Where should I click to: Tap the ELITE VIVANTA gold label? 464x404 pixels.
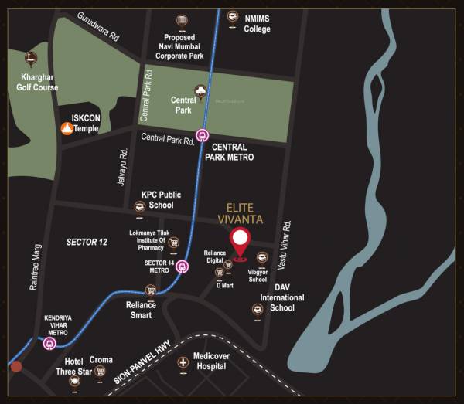245,213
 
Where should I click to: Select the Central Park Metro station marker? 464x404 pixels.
203,135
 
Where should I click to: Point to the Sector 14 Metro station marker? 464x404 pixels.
182,267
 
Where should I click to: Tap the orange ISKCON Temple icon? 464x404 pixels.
66,127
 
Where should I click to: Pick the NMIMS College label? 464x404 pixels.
257,24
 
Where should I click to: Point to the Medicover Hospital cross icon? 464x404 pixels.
183,362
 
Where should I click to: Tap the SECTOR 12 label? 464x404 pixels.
87,243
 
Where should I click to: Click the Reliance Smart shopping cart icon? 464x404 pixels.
151,290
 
